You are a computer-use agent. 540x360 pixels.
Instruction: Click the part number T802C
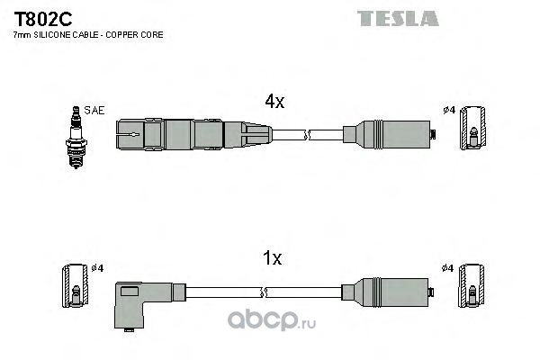(42, 19)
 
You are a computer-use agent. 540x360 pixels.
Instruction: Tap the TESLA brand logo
(398, 18)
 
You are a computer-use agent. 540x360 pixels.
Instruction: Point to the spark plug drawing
(76, 137)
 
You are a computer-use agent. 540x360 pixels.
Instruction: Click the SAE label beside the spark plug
(94, 110)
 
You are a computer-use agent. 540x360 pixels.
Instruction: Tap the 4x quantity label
(274, 102)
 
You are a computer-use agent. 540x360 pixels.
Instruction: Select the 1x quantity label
(272, 257)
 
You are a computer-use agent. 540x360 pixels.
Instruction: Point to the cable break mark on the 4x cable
(307, 135)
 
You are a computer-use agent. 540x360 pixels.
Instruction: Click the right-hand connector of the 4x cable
(390, 134)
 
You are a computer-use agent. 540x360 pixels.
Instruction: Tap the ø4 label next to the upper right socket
(449, 110)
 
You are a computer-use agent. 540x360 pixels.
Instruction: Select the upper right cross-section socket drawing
(472, 128)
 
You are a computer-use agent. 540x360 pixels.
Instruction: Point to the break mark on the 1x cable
(264, 292)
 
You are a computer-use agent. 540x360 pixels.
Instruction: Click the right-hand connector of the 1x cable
(388, 292)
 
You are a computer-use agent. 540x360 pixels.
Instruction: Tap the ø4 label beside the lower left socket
(97, 268)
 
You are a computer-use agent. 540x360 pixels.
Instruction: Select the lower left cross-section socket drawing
(75, 285)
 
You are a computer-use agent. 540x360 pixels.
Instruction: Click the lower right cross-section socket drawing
(472, 285)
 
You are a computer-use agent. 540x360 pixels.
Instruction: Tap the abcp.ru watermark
(272, 320)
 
